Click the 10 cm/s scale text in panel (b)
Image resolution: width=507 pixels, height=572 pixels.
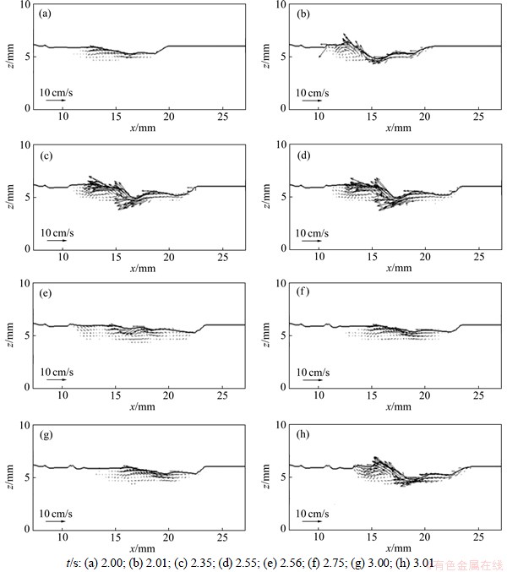313,90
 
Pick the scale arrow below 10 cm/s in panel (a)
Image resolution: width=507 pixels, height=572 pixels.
55,101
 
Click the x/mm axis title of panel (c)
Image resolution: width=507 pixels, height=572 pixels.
141,268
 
